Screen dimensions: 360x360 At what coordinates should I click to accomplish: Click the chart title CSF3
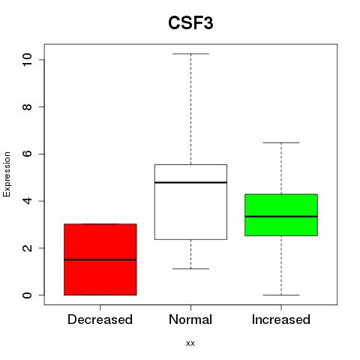tap(190, 23)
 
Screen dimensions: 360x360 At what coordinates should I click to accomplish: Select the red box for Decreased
tap(100, 259)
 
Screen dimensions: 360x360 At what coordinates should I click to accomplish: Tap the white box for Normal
tap(190, 202)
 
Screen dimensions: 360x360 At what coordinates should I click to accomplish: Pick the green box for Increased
tap(281, 214)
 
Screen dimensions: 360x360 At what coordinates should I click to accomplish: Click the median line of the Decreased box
tap(100, 259)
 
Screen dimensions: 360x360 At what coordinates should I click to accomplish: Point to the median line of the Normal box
tap(190, 182)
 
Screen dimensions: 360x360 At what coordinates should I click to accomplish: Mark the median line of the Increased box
tap(281, 217)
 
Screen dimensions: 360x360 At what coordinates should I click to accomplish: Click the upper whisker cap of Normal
tap(190, 54)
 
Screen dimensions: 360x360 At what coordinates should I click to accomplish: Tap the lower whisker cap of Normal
tap(190, 268)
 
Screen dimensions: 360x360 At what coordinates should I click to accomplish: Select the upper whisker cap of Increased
tap(281, 142)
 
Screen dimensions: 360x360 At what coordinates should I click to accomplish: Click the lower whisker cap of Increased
tap(281, 295)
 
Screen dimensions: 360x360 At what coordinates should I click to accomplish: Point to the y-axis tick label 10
tap(27, 60)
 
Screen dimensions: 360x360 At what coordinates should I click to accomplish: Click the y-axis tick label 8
tap(27, 106)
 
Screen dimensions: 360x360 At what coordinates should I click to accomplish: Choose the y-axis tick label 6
tap(27, 154)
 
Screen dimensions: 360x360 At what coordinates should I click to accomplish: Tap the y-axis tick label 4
tap(27, 201)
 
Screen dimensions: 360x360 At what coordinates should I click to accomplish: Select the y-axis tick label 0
tap(27, 295)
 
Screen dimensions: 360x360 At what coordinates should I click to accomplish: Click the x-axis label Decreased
tap(100, 319)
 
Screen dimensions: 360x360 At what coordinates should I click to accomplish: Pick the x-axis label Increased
tap(281, 319)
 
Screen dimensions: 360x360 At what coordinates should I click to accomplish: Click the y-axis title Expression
tap(7, 174)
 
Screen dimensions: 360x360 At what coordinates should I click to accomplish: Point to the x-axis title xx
tap(190, 343)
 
